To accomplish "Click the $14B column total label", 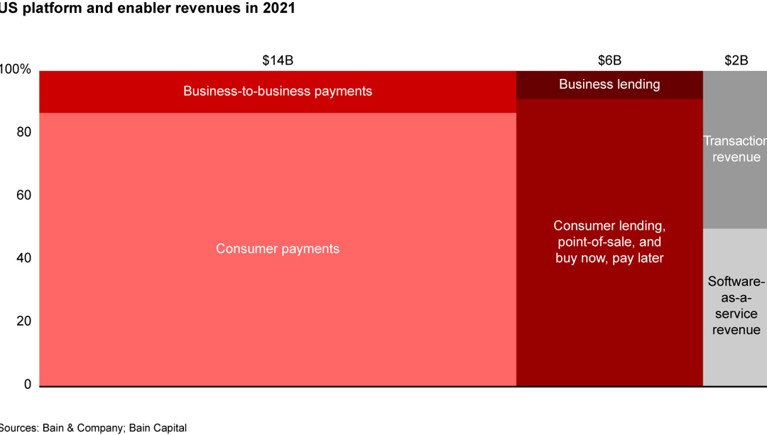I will tap(278, 60).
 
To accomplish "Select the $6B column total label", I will tap(609, 60).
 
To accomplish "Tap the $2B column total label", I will tap(736, 60).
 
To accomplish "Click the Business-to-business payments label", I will tap(278, 91).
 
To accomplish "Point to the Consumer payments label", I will tap(278, 249).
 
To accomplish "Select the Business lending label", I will tap(609, 84).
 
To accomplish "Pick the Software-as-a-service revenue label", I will tap(736, 306).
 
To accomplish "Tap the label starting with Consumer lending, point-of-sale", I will tap(609, 242).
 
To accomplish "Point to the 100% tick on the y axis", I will tap(16, 70).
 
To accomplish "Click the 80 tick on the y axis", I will tap(24, 132).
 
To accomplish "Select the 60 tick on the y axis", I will tap(24, 195).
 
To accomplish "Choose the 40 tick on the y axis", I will tap(24, 258).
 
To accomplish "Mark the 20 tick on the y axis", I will tap(24, 321).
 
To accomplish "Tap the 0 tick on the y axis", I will tap(28, 385).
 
